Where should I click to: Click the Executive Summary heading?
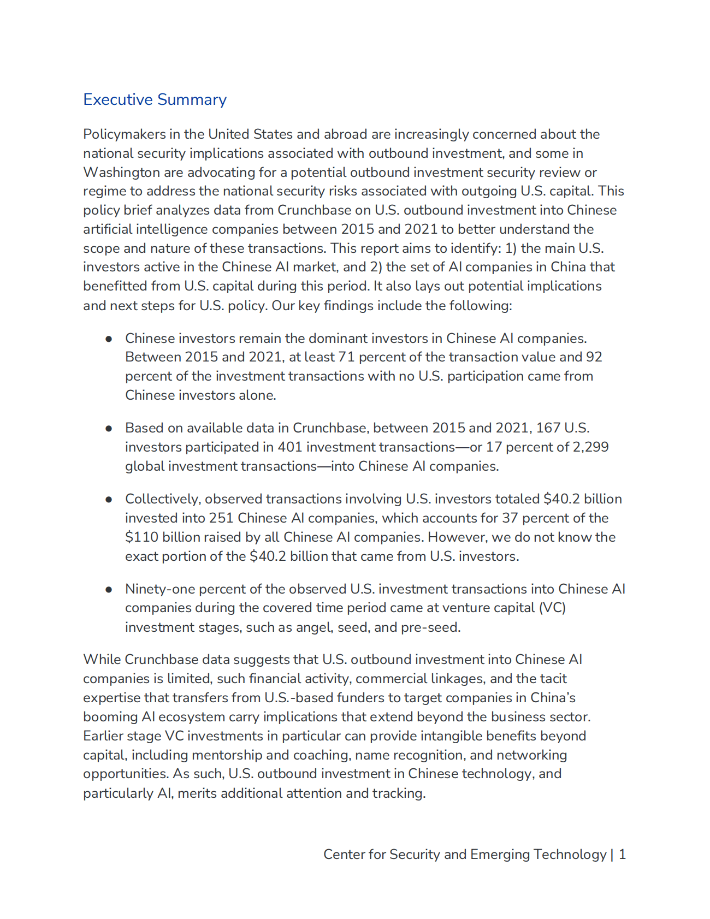point(155,99)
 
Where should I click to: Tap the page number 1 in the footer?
point(622,854)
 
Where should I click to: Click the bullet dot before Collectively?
point(109,499)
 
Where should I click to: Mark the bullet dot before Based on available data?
point(109,428)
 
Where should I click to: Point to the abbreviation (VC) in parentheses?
point(552,608)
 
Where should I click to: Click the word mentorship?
point(224,755)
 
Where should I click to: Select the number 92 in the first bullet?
point(594,357)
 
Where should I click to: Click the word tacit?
point(554,678)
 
